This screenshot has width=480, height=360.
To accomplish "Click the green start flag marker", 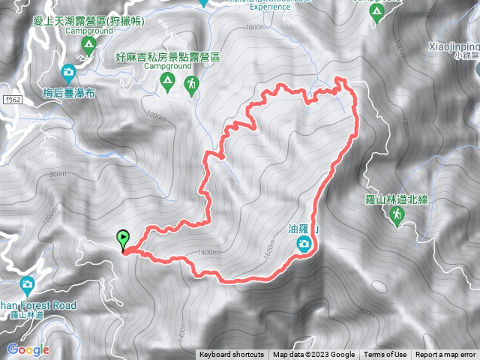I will (123, 240).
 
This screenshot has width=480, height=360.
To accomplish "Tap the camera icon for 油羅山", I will (304, 243).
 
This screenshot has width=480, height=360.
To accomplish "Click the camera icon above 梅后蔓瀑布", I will (68, 73).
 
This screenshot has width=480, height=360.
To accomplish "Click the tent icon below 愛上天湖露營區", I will (88, 46).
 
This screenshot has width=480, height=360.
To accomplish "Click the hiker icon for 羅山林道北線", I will (397, 216).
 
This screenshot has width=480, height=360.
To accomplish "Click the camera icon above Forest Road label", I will (28, 285).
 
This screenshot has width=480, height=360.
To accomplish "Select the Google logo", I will (28, 349).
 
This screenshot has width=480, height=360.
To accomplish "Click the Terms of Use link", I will (385, 355).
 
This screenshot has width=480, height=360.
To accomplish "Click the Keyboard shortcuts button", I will (231, 355).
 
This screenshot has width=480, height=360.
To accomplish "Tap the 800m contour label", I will (58, 174).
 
